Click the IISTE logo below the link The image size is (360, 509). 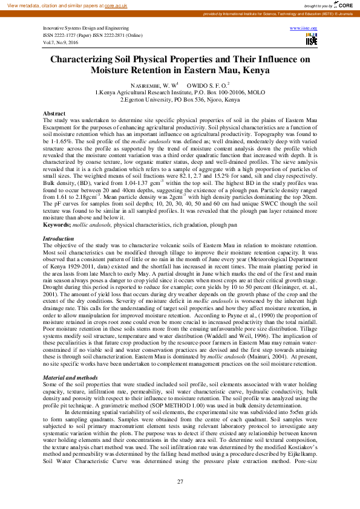point(312,40)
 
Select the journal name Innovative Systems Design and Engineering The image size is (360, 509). point(77,28)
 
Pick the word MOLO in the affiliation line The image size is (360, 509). point(255,92)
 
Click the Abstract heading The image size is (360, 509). point(54,114)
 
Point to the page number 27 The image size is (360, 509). point(180,481)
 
